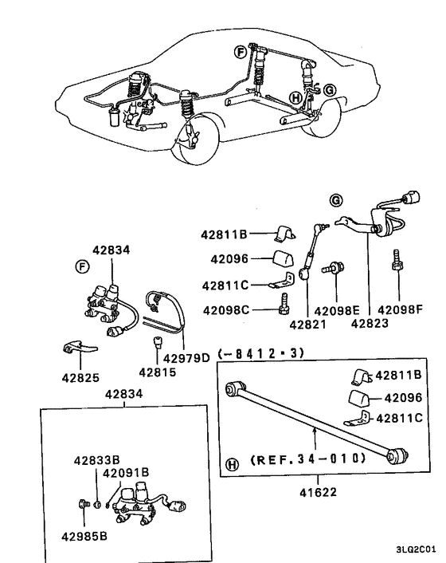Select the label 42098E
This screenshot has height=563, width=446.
pyautogui.click(x=336, y=310)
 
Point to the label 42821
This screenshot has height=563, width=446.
pyautogui.click(x=305, y=325)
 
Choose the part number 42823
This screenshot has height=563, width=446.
pyautogui.click(x=369, y=325)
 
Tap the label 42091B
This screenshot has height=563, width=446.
pyautogui.click(x=123, y=474)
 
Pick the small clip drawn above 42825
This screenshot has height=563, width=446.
pyautogui.click(x=76, y=348)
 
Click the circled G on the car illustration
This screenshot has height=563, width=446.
pyautogui.click(x=330, y=89)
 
